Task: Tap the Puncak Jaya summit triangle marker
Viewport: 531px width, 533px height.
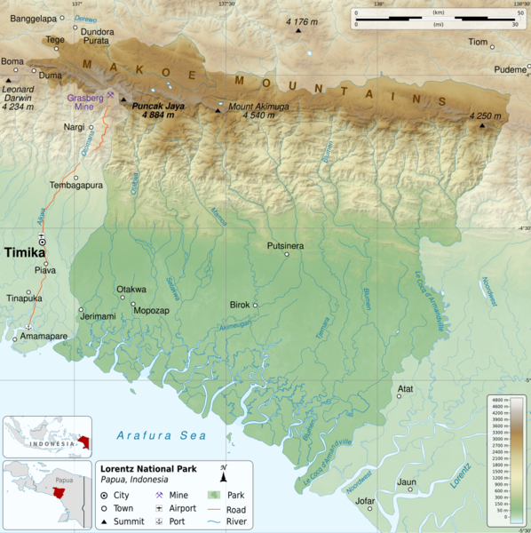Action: [123, 99]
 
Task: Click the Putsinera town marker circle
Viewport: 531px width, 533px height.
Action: [286, 254]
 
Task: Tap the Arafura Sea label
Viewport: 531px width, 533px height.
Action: [162, 435]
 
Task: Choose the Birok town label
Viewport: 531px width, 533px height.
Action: [240, 305]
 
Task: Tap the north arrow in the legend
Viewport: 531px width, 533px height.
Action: [224, 476]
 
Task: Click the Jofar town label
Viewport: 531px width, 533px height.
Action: [364, 501]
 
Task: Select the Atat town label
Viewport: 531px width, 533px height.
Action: [405, 388]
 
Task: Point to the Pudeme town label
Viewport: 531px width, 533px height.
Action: [511, 69]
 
